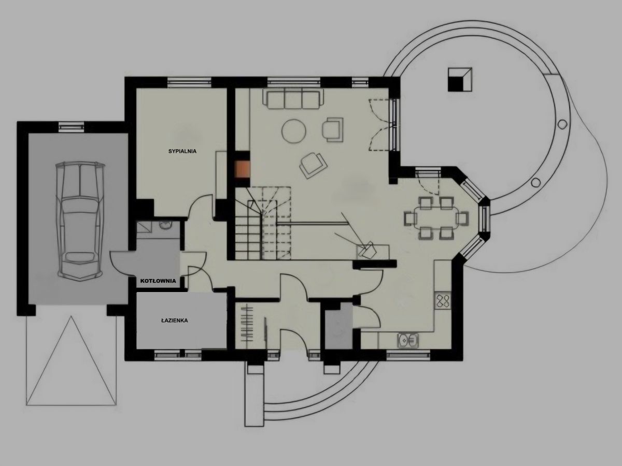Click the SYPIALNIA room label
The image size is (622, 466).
(182, 151)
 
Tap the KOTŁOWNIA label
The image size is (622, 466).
(158, 281)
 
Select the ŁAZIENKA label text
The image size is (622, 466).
(175, 321)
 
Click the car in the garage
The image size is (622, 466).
(80, 222)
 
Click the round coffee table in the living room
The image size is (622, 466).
(294, 132)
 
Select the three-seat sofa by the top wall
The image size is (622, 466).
(293, 99)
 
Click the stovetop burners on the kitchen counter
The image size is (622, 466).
(443, 302)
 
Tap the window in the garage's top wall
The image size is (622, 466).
(72, 127)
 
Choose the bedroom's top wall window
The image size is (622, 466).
(189, 82)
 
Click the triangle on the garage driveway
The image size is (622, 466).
(71, 361)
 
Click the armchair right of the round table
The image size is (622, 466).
(333, 130)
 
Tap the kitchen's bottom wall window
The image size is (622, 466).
(408, 355)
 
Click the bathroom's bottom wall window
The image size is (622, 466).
(178, 355)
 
